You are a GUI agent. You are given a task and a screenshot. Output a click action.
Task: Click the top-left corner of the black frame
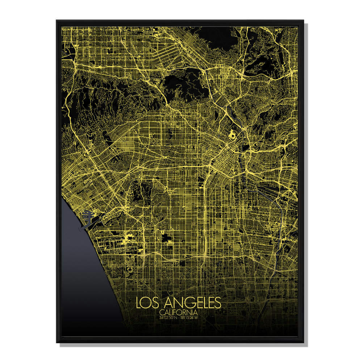tap(57, 21)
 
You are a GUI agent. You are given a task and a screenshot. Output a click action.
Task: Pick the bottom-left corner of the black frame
tap(57, 342)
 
